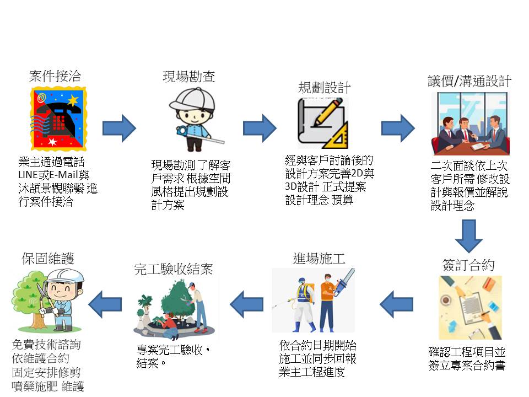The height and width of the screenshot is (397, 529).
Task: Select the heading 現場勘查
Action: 188,77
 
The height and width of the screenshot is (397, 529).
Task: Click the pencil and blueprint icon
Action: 324,124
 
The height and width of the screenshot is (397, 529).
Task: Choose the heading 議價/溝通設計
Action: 469,81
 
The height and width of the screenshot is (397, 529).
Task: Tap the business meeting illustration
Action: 470,124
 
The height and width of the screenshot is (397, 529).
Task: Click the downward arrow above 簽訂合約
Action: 469,235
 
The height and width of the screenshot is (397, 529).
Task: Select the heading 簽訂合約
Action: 468,265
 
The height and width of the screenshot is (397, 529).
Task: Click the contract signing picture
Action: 470,307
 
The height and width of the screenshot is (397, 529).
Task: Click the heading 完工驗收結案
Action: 173,269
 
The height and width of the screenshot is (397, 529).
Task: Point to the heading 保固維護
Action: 48,258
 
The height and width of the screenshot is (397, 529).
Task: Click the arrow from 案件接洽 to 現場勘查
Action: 119,128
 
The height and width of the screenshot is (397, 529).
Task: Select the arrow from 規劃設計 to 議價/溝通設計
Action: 397,128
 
